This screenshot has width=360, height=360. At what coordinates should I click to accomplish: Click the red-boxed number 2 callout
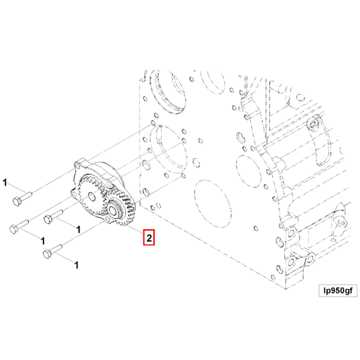(149, 238)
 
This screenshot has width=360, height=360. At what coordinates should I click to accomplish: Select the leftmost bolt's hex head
(14, 228)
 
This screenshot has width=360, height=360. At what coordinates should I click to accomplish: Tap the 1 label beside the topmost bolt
(5, 184)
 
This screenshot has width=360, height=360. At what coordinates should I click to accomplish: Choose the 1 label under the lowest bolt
(76, 264)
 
